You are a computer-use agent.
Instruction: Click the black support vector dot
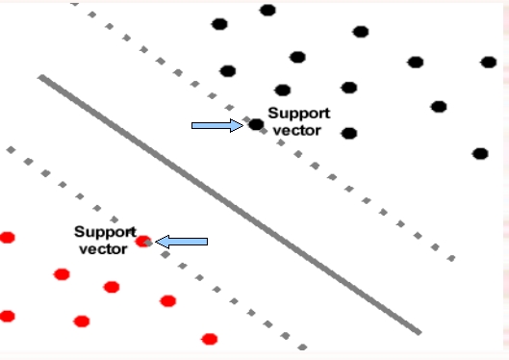[x=256, y=124]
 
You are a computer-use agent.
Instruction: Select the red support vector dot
[x=143, y=242]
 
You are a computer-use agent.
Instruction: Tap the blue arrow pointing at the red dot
[x=182, y=242]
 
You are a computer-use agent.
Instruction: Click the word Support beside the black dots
[x=299, y=113]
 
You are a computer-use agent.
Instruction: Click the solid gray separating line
[x=231, y=206]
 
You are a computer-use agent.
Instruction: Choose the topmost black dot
[x=267, y=11]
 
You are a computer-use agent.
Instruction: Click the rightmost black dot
[x=489, y=63]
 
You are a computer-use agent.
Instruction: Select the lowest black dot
[x=480, y=153]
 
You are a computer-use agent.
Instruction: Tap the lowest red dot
[x=210, y=338]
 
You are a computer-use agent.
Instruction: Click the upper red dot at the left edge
[x=8, y=237]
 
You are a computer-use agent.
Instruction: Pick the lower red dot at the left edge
[x=8, y=316]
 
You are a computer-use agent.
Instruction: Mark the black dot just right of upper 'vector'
[x=349, y=133]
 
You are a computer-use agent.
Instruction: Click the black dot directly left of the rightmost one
[x=416, y=63]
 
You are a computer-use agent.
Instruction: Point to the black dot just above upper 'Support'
[x=282, y=90]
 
